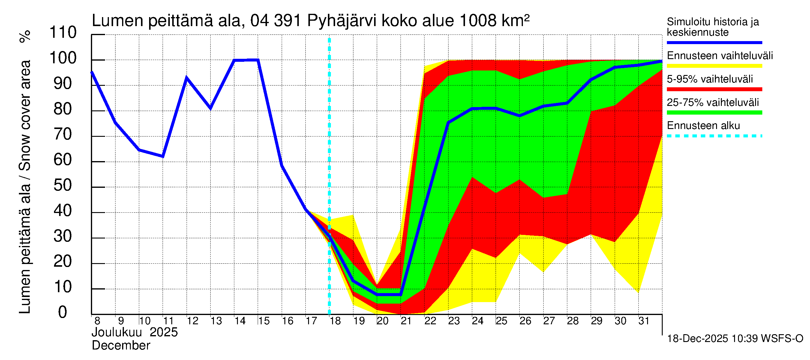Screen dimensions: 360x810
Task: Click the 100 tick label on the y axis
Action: tap(63, 58)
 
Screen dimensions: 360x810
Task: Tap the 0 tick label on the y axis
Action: tap(63, 312)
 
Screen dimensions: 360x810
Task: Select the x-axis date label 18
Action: tap(335, 321)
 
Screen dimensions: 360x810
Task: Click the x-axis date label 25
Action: tap(501, 321)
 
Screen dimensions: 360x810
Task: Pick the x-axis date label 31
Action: tap(644, 321)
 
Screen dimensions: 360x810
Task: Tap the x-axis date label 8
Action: tap(97, 321)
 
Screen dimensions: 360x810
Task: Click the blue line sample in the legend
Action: tap(714, 42)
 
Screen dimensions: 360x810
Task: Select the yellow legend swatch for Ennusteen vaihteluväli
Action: tap(714, 66)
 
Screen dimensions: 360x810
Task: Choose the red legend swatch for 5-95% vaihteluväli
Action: tap(714, 89)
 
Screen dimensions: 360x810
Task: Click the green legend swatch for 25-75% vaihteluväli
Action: tap(714, 112)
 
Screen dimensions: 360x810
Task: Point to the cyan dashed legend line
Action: tap(714, 136)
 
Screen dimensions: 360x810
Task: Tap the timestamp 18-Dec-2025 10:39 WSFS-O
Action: tap(735, 339)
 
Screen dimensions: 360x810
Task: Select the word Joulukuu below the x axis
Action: tap(117, 332)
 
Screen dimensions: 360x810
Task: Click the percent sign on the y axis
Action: tap(25, 36)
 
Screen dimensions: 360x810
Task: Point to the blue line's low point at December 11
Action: tap(163, 156)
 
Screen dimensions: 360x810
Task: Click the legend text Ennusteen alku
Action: tap(703, 126)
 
